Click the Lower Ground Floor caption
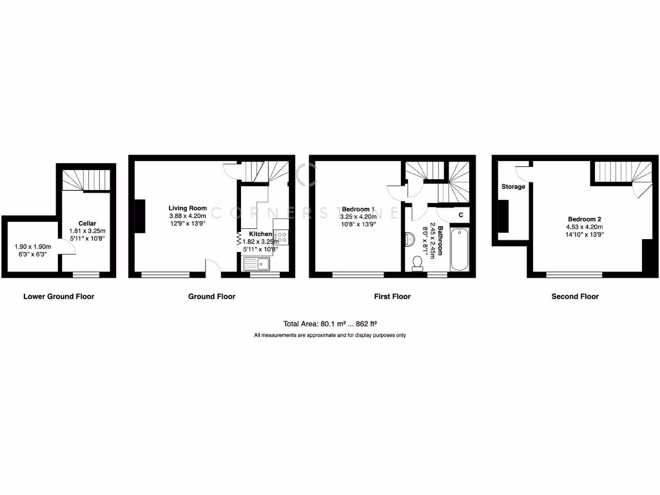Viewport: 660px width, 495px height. tap(59, 296)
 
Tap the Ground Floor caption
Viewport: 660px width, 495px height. tap(211, 296)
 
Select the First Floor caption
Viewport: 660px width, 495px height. tap(393, 296)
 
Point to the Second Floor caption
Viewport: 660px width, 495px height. tap(575, 296)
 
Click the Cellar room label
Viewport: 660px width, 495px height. tap(88, 223)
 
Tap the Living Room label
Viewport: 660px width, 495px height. tap(188, 208)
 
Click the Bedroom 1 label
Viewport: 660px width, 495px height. tap(358, 209)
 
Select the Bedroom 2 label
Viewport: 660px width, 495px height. tap(585, 218)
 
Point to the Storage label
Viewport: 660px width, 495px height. tap(514, 187)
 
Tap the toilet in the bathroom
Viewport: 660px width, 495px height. tap(418, 262)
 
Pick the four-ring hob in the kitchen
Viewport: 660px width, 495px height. tap(281, 236)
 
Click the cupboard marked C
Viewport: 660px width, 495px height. tap(460, 215)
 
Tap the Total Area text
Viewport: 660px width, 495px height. tap(330, 324)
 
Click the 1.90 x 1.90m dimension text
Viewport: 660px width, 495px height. tap(32, 246)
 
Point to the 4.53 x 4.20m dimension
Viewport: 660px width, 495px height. tap(585, 227)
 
